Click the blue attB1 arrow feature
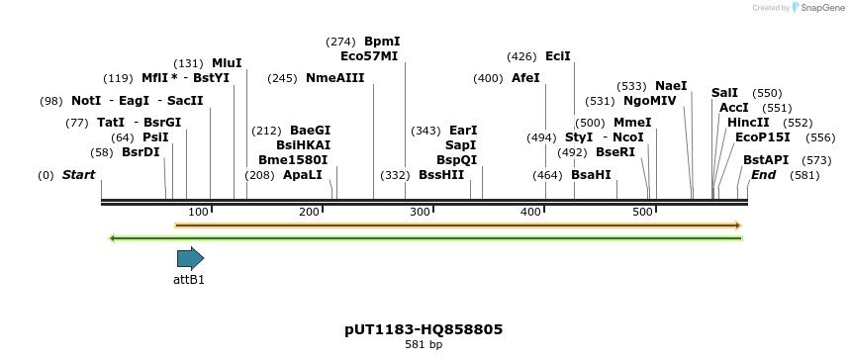click(190, 259)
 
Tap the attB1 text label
click(189, 280)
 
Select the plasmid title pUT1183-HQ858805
click(424, 329)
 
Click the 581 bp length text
click(424, 345)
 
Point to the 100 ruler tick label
click(198, 212)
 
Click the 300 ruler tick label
click(420, 212)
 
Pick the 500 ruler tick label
click(641, 212)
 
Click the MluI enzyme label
click(227, 63)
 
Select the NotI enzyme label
click(86, 101)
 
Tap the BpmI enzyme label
click(382, 42)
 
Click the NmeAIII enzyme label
click(334, 78)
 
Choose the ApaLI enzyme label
click(303, 175)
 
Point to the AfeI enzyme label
click(525, 78)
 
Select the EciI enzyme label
click(558, 56)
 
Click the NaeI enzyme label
click(671, 86)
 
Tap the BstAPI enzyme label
click(766, 160)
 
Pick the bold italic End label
click(763, 175)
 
